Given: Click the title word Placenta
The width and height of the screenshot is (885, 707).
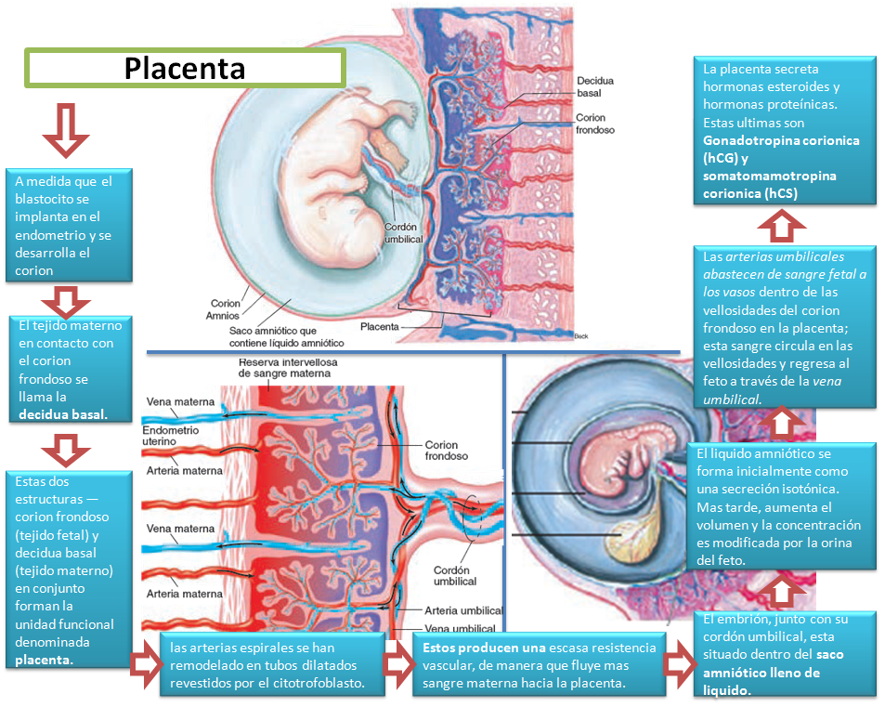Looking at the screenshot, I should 185,68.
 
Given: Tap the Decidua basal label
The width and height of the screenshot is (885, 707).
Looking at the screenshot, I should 594,87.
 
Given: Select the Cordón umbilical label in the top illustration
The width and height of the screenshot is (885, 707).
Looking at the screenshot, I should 403,232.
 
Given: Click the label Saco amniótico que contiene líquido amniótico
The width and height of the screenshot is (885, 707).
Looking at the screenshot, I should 287,335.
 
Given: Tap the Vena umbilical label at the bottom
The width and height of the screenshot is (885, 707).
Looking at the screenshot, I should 462,629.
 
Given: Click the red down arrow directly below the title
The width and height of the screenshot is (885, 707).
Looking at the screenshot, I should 65,129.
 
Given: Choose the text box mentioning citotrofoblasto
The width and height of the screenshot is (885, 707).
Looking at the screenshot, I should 273,664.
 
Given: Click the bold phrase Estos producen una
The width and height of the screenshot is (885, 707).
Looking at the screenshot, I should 482,648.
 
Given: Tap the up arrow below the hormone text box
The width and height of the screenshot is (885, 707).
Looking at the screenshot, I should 781,224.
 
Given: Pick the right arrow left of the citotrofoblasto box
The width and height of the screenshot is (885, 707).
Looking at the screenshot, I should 145,666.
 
